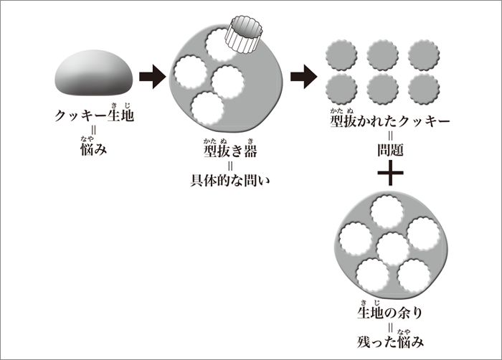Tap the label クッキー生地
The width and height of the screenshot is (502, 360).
[x=94, y=115]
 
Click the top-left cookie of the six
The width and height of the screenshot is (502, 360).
[x=341, y=55]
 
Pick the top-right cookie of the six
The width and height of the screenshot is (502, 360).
[x=424, y=55]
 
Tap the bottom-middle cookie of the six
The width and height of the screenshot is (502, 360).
[x=382, y=89]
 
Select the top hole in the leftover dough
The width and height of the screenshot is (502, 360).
[x=388, y=211]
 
